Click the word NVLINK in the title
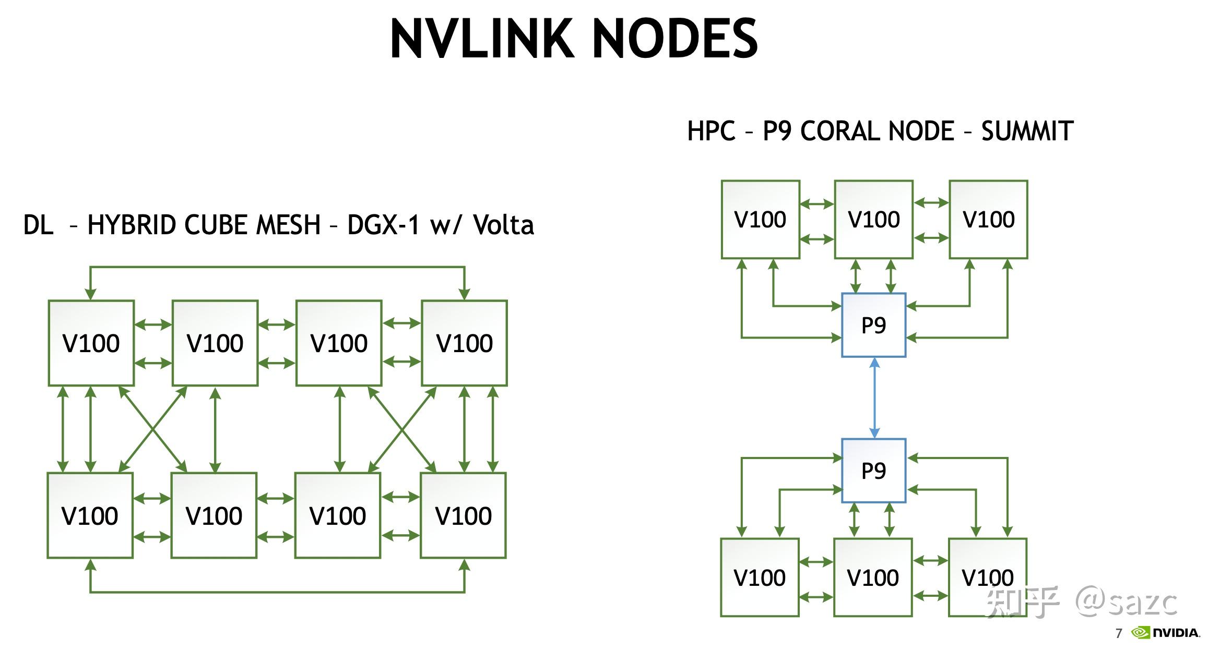pos(483,39)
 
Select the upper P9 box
pos(873,325)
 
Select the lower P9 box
pos(873,471)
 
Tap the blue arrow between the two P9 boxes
pos(874,398)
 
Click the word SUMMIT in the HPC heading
pos(1027,131)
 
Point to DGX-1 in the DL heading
pos(383,225)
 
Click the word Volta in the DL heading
pos(503,225)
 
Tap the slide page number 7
pos(1119,634)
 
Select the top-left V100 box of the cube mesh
pos(91,343)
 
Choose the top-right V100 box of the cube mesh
pos(464,343)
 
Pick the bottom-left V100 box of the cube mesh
pos(90,515)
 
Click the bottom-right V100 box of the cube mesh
pos(463,515)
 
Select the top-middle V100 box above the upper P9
pos(873,220)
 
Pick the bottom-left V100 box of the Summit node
pos(760,577)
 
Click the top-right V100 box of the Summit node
pos(988,220)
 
